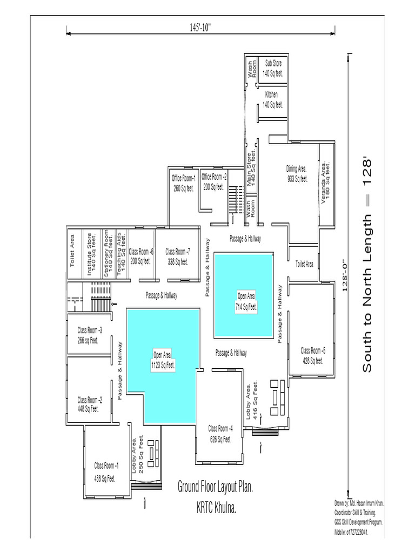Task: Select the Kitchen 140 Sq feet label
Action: pos(272,99)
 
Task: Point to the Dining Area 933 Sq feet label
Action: pos(297,174)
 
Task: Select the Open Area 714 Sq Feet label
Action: pos(246,301)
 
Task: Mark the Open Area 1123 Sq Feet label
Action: pos(163,360)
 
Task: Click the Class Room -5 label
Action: pos(313,355)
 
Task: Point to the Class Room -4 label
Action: pos(220,434)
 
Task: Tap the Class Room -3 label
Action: pos(90,335)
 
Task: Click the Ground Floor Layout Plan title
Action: pos(216,487)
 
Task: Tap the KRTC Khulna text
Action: pos(216,508)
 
